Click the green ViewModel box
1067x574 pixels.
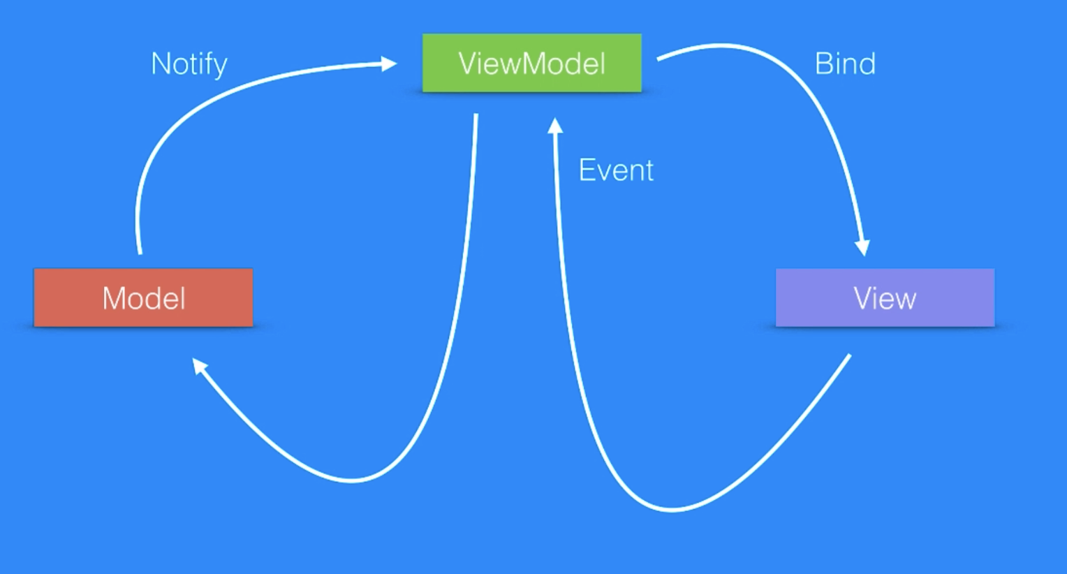point(531,63)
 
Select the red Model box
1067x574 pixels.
point(143,297)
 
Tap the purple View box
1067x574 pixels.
point(885,297)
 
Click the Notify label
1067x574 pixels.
point(189,64)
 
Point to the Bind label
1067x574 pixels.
point(845,64)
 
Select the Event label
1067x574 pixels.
point(616,170)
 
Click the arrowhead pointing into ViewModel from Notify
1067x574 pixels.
point(389,64)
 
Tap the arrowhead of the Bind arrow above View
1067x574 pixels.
point(863,247)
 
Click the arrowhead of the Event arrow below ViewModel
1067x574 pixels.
point(555,126)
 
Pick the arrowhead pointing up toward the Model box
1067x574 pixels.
point(200,365)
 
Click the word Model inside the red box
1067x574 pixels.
point(144,299)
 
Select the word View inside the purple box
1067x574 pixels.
point(885,299)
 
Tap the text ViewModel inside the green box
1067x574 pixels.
point(531,64)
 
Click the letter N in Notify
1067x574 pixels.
point(161,64)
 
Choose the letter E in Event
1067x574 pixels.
point(587,170)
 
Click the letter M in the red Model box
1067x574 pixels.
point(115,299)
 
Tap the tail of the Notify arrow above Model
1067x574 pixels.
point(140,251)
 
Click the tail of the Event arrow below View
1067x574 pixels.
point(848,356)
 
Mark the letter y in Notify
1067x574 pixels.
point(221,67)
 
